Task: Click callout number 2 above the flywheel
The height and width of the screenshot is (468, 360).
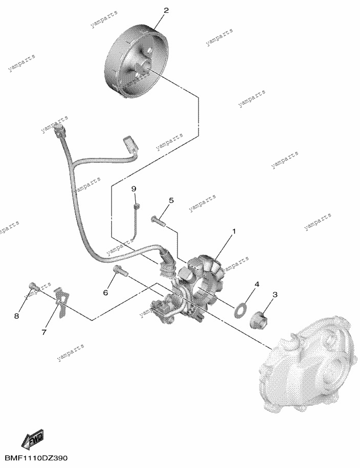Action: point(166,10)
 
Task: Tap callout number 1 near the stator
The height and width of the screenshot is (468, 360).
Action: point(234,231)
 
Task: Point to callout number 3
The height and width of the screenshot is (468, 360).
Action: point(275,295)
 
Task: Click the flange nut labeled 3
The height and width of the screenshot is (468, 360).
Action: point(259,318)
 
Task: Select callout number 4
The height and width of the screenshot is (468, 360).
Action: point(256,284)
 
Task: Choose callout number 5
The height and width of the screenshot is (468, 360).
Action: point(171,200)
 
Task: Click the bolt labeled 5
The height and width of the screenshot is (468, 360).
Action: point(158,221)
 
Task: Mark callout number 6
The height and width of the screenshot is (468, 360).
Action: point(105,293)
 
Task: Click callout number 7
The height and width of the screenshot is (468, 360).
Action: point(44,332)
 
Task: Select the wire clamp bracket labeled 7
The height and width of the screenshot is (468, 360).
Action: point(62,301)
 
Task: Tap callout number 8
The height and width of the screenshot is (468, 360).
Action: point(16,316)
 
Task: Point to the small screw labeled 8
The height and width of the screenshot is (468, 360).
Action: point(33,286)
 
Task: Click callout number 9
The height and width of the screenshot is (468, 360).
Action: point(133,189)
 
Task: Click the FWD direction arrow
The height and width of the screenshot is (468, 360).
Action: point(33,439)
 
